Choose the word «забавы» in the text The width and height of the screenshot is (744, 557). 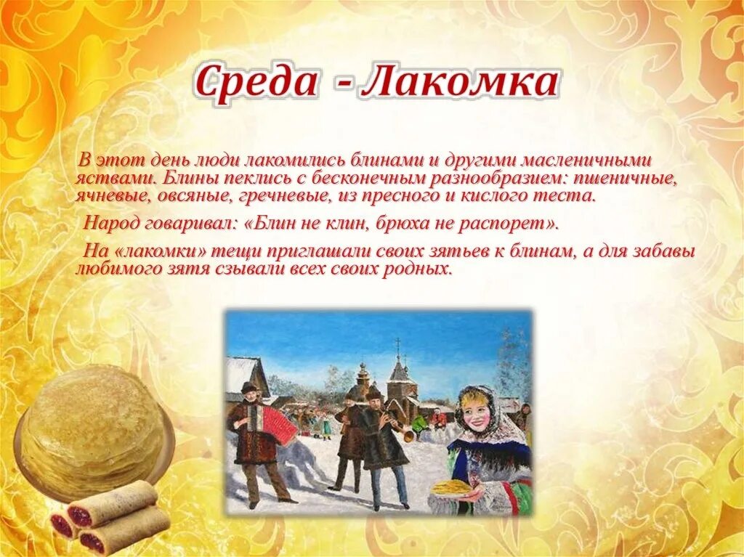[x=666, y=251]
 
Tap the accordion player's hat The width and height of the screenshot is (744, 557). [x=249, y=387]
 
